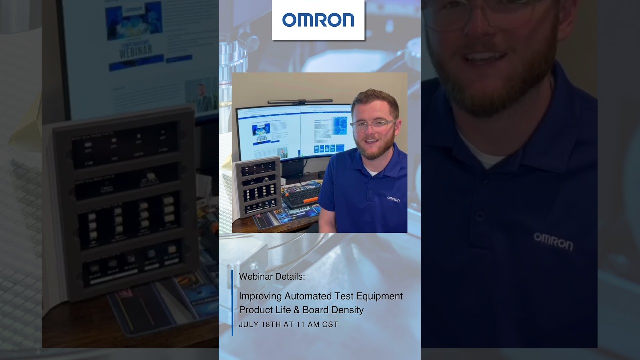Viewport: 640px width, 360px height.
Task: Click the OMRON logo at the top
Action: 318,20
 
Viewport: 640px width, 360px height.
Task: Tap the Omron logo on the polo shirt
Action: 393,199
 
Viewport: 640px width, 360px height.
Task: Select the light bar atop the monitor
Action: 300,102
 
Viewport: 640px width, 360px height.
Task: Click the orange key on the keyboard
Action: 310,200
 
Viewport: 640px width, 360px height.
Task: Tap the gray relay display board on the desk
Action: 259,187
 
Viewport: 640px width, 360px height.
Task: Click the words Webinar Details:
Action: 272,277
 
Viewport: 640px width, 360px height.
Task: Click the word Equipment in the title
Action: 380,296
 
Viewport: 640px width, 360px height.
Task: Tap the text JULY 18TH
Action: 260,325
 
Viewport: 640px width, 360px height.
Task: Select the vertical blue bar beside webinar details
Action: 232,302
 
